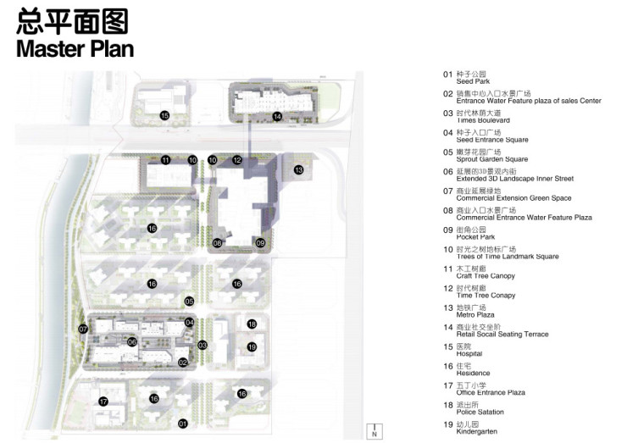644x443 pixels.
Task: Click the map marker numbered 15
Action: click(x=165, y=115)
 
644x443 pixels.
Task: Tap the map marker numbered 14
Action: click(x=277, y=116)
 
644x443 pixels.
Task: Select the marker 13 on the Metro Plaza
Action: click(x=298, y=169)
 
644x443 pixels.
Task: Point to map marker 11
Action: click(x=166, y=160)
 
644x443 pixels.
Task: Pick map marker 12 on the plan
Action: click(x=237, y=160)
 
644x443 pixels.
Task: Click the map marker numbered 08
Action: click(x=218, y=243)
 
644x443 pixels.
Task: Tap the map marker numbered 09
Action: click(x=260, y=243)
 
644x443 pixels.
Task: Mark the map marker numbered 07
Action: click(x=83, y=329)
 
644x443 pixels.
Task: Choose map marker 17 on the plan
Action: click(x=103, y=401)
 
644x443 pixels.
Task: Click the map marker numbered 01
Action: click(x=182, y=423)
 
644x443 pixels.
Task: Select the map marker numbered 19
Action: click(x=252, y=346)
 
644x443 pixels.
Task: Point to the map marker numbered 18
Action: click(x=252, y=324)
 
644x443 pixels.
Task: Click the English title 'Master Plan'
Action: click(x=75, y=47)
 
